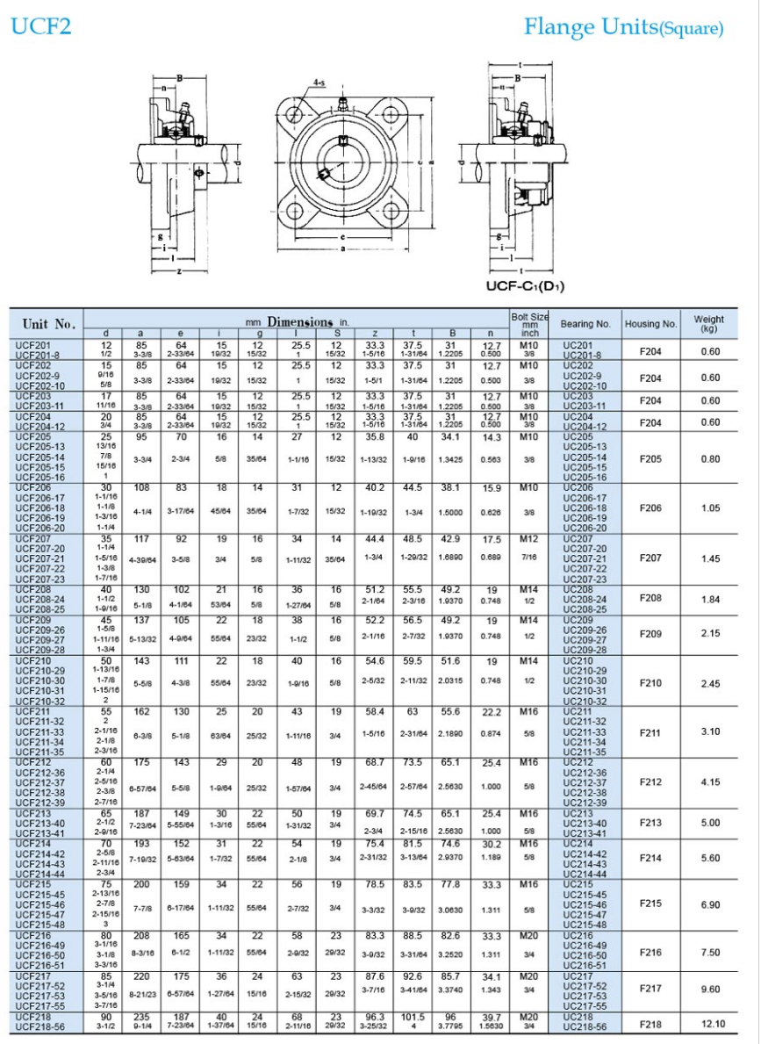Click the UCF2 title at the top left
(40, 27)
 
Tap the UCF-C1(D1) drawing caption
(525, 285)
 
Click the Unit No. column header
(48, 323)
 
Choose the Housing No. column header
(650, 323)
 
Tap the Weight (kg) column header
(709, 323)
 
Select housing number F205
(650, 458)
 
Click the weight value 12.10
(712, 1023)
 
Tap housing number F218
(650, 1023)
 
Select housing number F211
(650, 731)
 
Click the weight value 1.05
(712, 508)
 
